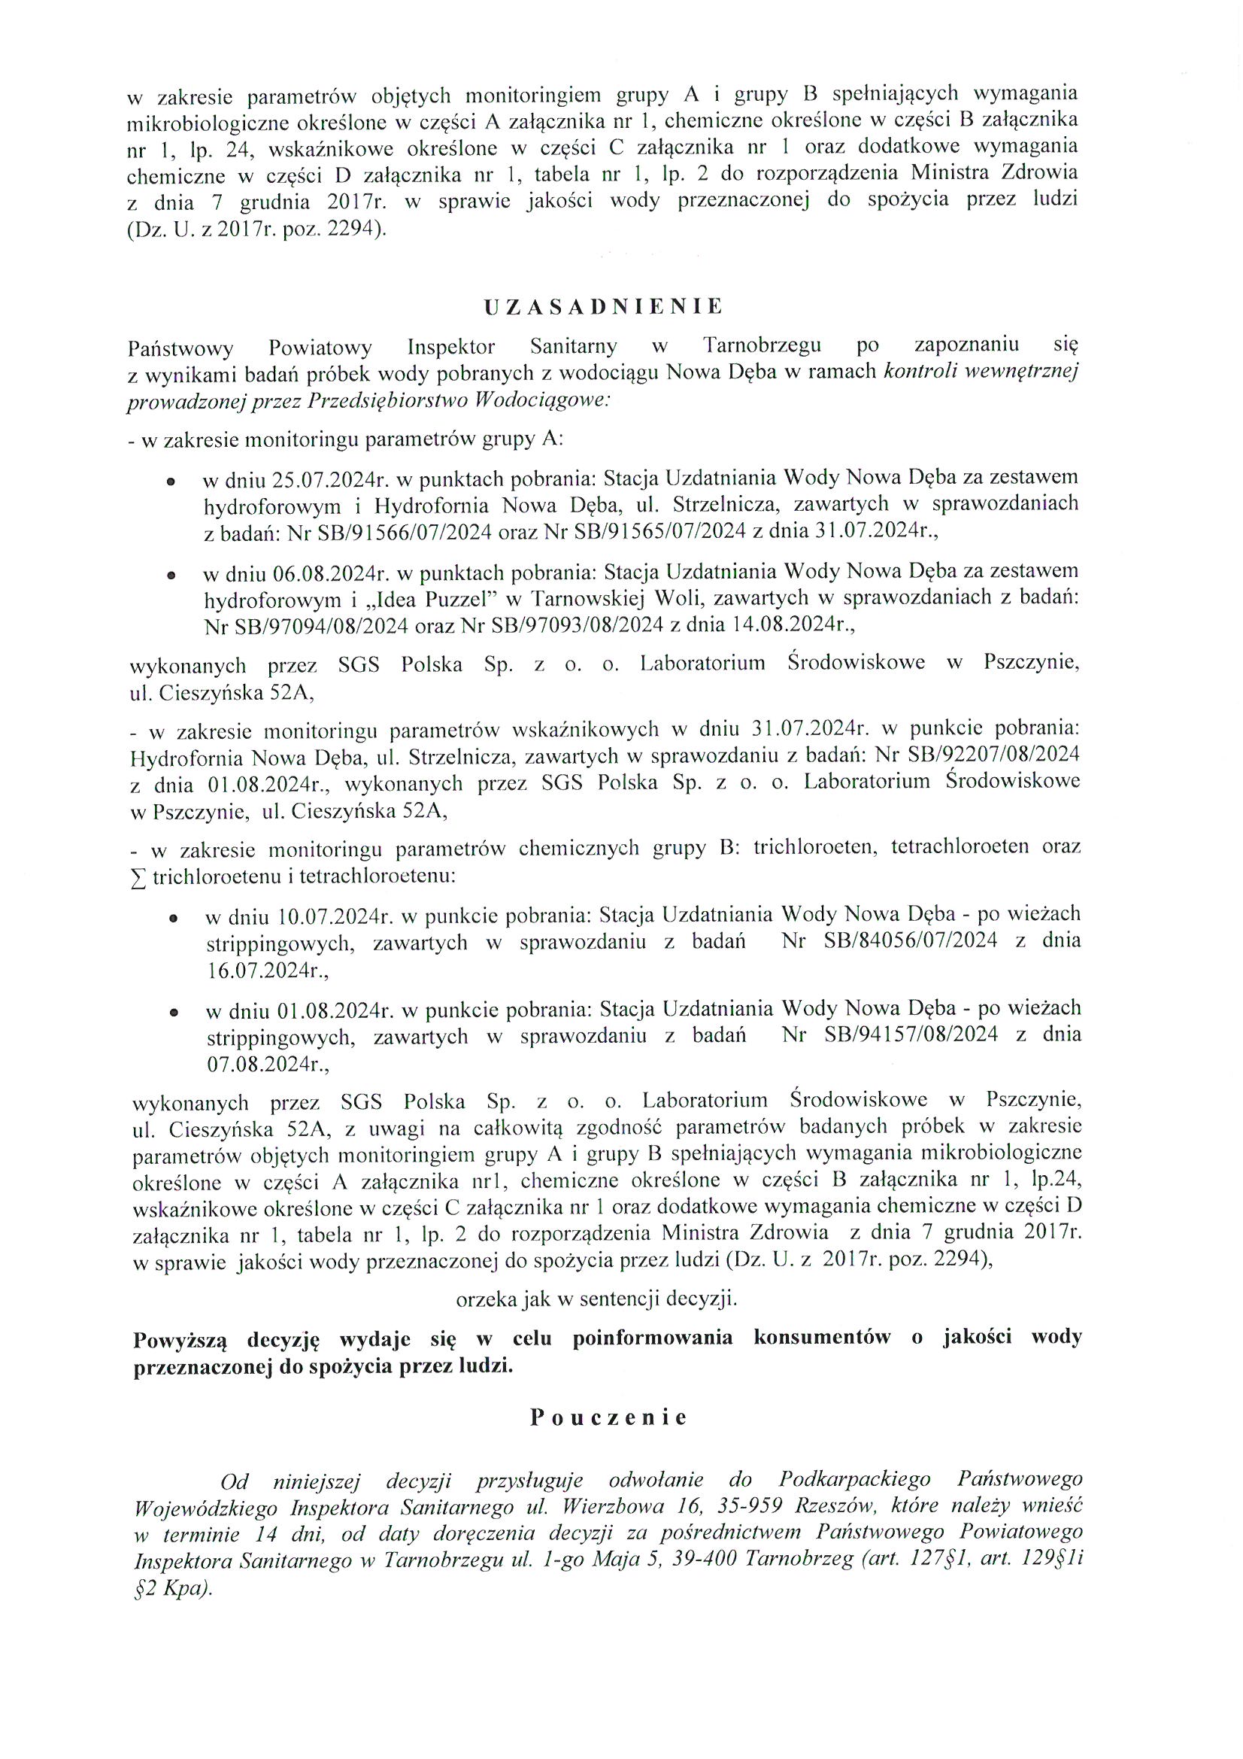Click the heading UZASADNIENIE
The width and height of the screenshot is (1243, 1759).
[603, 307]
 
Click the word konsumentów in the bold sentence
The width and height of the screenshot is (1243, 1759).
[822, 1337]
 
